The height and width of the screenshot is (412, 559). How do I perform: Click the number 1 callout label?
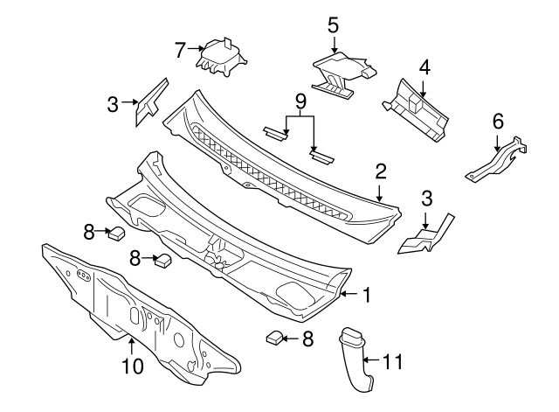pyautogui.click(x=367, y=296)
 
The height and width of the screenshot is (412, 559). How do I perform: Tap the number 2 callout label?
pyautogui.click(x=381, y=170)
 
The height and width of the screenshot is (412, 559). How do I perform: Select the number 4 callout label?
pyautogui.click(x=423, y=66)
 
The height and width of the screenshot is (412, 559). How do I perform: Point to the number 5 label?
pyautogui.click(x=333, y=24)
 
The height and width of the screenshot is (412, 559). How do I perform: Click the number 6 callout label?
pyautogui.click(x=498, y=120)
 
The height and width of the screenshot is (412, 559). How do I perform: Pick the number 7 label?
pyautogui.click(x=180, y=50)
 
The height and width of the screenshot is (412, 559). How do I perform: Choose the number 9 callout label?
pyautogui.click(x=300, y=103)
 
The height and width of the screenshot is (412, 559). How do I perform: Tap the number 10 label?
pyautogui.click(x=131, y=367)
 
